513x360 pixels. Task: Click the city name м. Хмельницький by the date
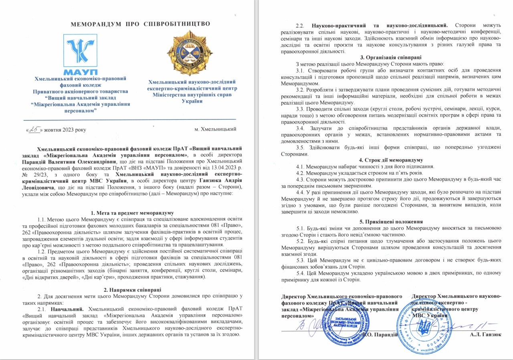click(x=215, y=129)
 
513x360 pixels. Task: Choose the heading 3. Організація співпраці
click(x=385, y=57)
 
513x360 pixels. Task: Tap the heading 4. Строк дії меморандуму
click(x=385, y=160)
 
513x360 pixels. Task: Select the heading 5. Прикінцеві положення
click(x=385, y=221)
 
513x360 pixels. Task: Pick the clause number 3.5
click(x=300, y=147)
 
